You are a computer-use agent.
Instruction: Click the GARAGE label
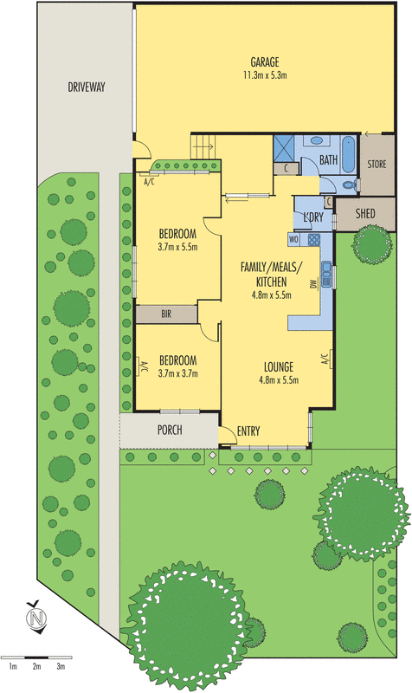coord(264,62)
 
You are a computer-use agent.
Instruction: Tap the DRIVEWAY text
coord(87,87)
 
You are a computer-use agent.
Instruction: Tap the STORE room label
coord(377,164)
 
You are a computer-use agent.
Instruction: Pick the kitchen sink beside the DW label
coord(326,273)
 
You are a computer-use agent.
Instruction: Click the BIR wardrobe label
coord(166,314)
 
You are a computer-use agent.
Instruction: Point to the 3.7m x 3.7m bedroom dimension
coord(177,374)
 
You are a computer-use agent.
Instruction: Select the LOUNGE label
coord(279,366)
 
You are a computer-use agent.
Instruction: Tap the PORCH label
coord(170,430)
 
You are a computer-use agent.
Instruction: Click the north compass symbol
coord(35,619)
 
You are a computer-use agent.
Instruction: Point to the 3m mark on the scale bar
coord(61,666)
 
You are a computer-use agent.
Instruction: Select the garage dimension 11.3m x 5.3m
coord(264,76)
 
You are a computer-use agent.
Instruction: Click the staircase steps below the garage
coord(202,148)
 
